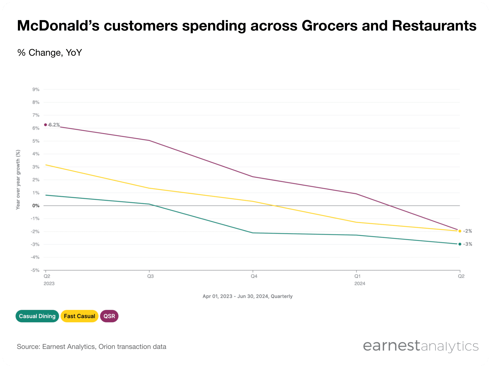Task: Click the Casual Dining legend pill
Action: coord(37,316)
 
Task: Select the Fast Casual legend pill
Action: coord(80,316)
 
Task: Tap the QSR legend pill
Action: coord(109,316)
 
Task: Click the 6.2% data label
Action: coord(54,125)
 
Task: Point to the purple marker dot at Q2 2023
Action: coord(46,125)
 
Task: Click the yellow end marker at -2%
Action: coord(460,231)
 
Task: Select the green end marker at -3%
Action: coord(460,244)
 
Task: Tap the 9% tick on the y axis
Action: coord(36,89)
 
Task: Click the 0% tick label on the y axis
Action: coord(36,206)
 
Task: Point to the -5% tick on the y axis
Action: coord(35,270)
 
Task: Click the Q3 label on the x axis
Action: coord(150,276)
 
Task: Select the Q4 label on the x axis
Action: coord(254,276)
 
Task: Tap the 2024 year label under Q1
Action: coord(360,284)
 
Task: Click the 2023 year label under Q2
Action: coord(49,284)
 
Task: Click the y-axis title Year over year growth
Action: coord(18,180)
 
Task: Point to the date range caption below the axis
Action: coord(248,296)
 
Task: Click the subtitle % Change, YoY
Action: coord(50,53)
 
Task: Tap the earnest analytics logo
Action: coord(421,346)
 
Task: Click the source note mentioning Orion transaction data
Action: coord(92,347)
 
